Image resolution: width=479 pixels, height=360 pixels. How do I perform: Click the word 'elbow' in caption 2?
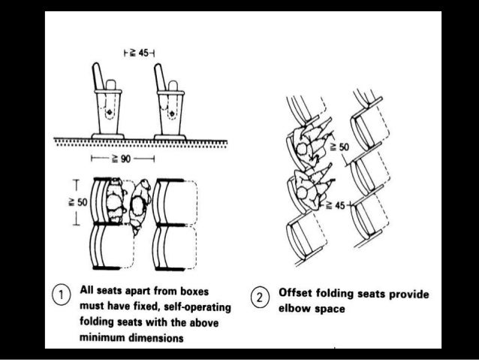coord(295,308)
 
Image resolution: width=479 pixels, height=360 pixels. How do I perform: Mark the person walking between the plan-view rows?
coord(139,207)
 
